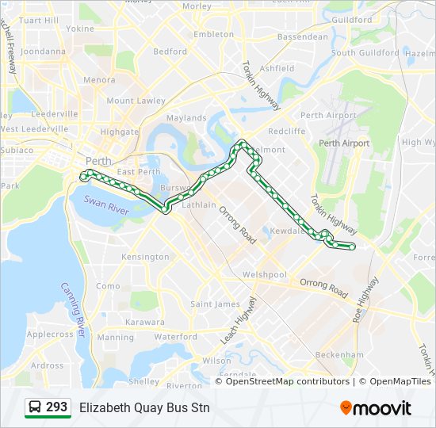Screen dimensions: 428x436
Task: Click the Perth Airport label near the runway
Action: coord(344,143)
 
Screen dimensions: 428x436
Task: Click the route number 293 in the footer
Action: coord(56,407)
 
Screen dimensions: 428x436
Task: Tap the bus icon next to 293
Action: coord(35,407)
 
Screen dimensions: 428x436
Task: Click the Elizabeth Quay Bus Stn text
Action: coord(144,407)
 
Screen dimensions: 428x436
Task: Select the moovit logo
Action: coord(376,407)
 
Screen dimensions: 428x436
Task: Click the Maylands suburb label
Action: coord(186,118)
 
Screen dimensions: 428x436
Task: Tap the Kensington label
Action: coord(145,257)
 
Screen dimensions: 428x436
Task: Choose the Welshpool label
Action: coord(264,274)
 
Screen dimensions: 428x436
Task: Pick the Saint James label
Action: coord(216,304)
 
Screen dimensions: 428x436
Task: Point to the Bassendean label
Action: coord(303,36)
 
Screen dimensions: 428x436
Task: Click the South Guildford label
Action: coord(365,53)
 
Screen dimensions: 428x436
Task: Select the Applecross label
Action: coord(50,334)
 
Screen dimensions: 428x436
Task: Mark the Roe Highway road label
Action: coord(368,299)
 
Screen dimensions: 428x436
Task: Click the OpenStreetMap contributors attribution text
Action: coord(281,381)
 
